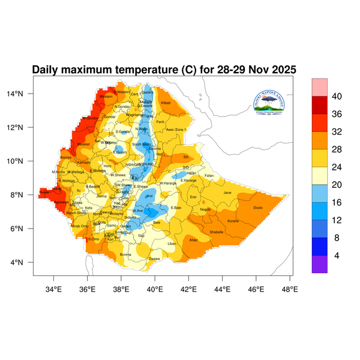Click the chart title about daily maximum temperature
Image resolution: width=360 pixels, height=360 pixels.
coord(164,70)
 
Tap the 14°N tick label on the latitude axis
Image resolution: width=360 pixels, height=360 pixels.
coord(23,94)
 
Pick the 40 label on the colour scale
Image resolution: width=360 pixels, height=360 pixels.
coord(337,96)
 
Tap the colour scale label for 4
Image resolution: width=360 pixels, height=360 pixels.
coord(337,255)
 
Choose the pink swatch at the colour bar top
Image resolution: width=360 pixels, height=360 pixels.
coord(319,86)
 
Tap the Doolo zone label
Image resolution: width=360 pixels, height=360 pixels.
coord(259,208)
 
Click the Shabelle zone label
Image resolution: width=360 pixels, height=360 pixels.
coord(216,232)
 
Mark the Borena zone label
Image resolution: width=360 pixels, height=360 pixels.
coord(125,254)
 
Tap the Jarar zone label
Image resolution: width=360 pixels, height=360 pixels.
coord(227,193)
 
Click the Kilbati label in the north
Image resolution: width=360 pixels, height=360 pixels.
coord(166,103)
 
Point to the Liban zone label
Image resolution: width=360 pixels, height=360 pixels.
coord(172,244)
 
